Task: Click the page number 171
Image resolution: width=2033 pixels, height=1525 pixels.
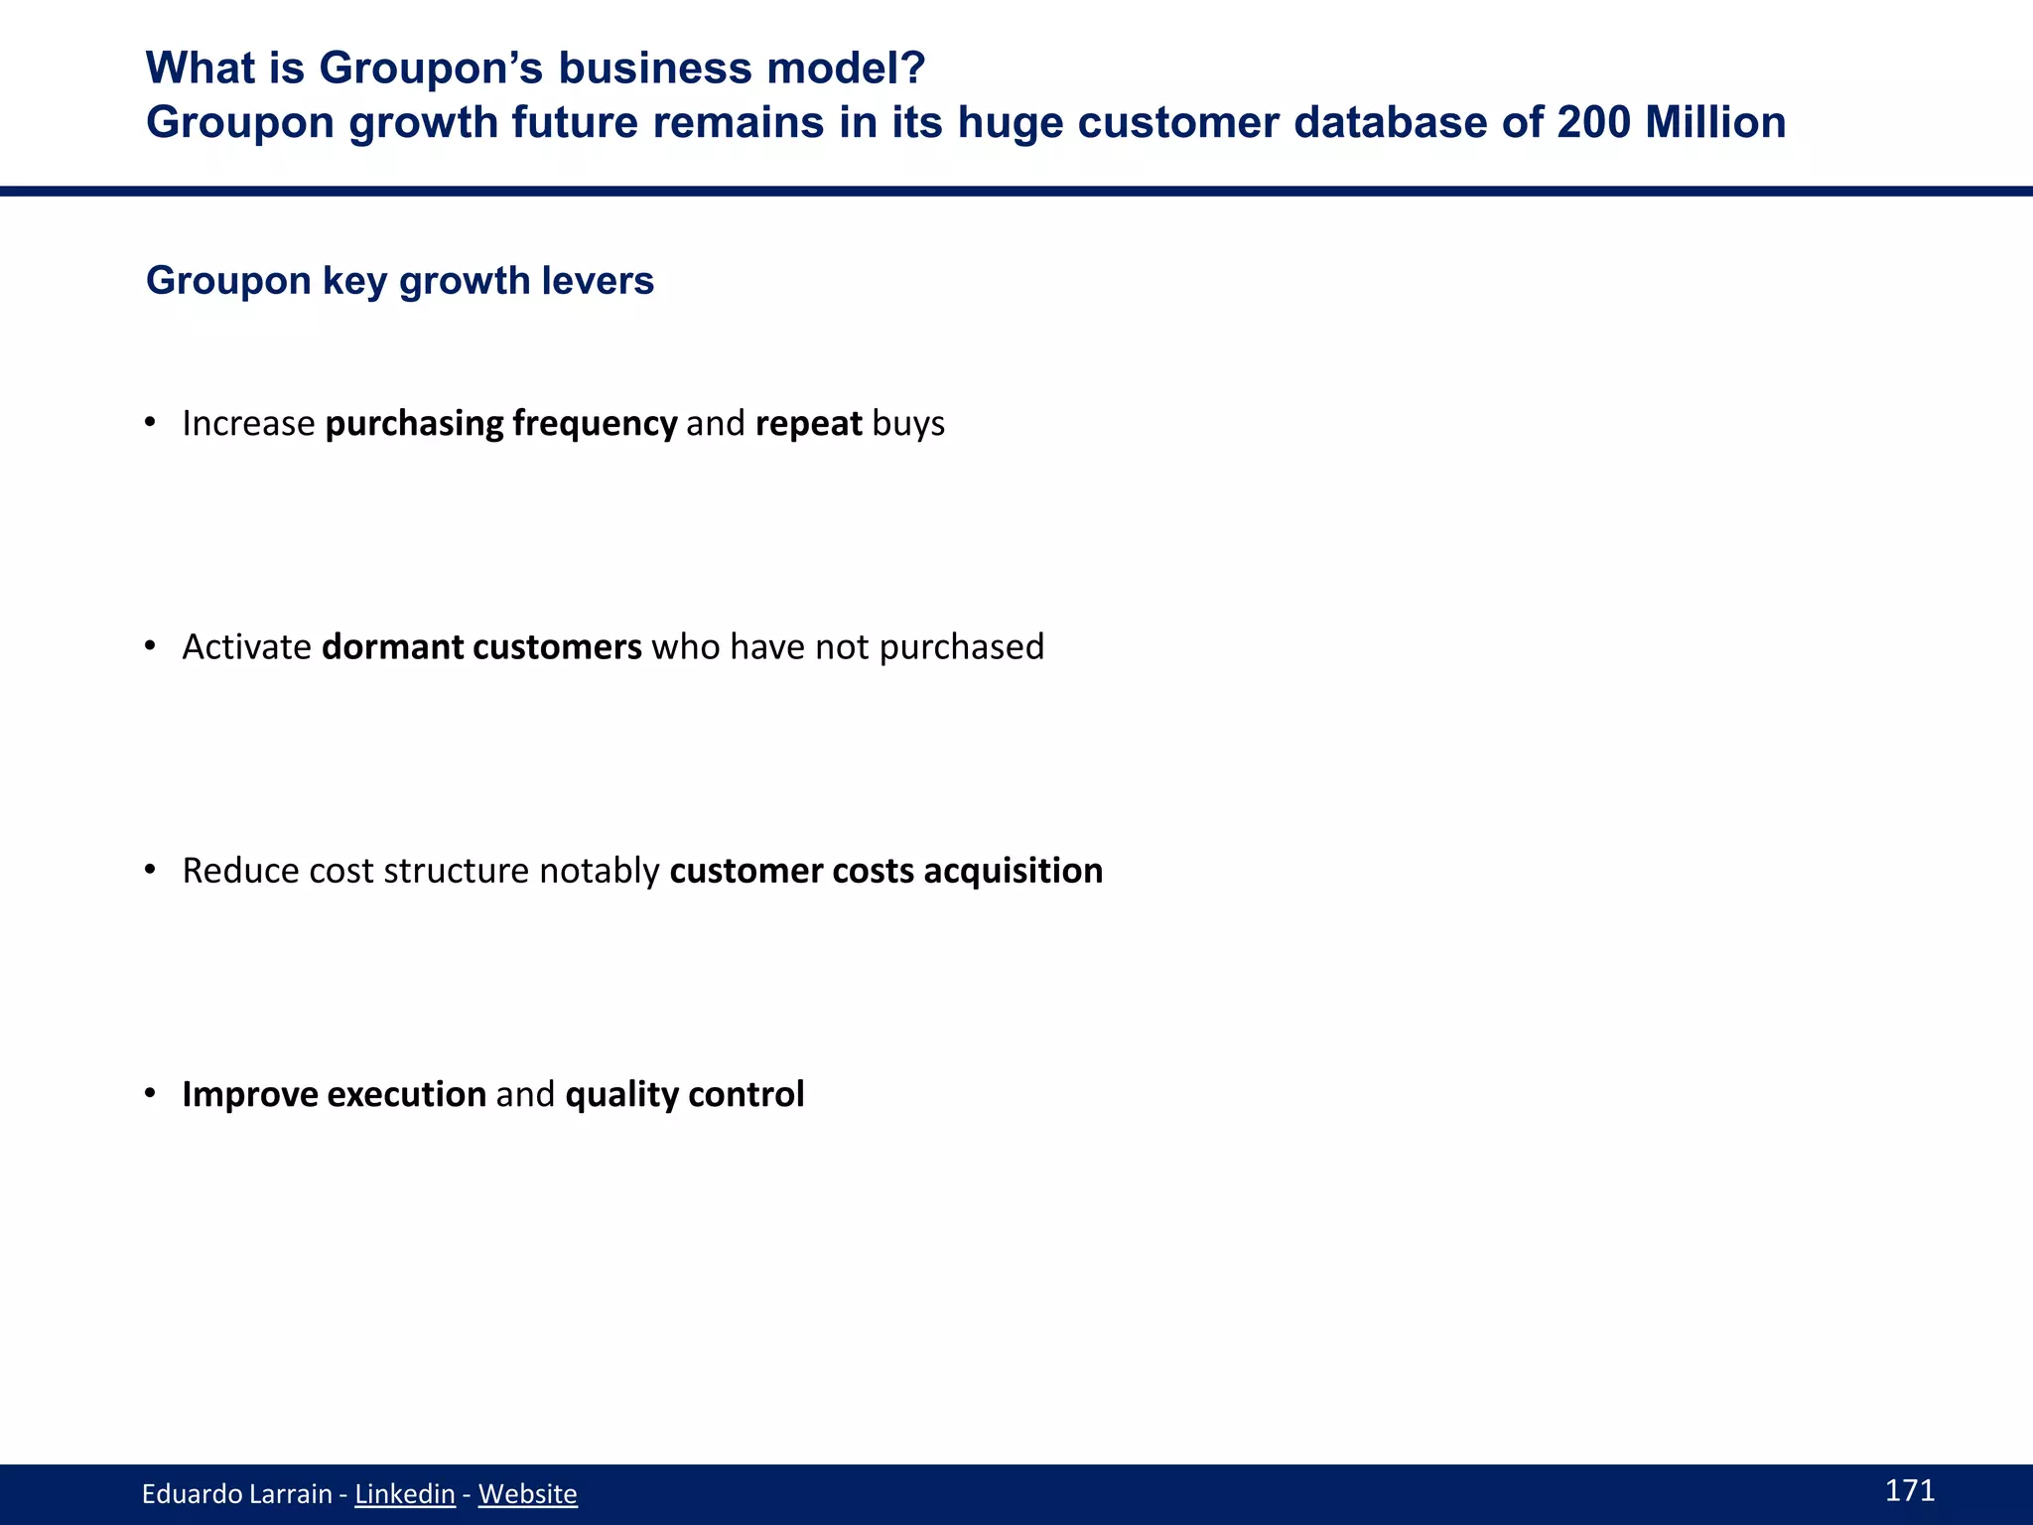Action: tap(1909, 1490)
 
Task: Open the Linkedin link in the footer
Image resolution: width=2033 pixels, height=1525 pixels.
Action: tap(404, 1494)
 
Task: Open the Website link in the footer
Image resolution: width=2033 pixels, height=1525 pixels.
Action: tap(527, 1494)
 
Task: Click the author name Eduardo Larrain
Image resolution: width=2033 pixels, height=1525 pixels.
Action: tap(236, 1494)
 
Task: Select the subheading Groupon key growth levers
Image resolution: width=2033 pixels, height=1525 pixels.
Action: tap(400, 281)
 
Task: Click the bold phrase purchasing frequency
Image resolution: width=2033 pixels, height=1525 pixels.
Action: tap(501, 424)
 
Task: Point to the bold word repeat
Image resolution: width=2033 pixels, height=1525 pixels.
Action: tap(808, 424)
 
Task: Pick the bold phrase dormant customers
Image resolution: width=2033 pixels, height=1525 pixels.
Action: tap(481, 647)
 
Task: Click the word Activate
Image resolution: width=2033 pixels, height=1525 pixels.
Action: tap(247, 647)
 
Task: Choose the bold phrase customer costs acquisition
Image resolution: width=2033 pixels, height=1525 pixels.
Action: tap(886, 871)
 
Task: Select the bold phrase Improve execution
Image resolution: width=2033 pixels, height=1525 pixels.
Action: tap(334, 1094)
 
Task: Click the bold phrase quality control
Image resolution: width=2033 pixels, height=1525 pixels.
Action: tap(685, 1094)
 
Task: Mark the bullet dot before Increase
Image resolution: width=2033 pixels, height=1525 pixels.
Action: tap(151, 423)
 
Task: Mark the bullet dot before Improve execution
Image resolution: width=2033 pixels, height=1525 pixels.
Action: tap(151, 1093)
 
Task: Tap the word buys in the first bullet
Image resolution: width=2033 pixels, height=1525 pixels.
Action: tap(908, 424)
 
